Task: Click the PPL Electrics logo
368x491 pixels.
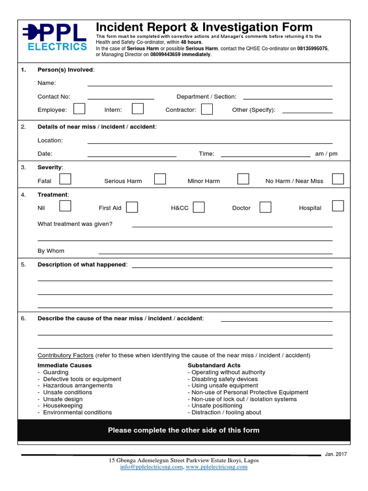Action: coord(54,37)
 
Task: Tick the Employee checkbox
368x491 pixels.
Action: coord(80,109)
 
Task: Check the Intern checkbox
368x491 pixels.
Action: coord(138,109)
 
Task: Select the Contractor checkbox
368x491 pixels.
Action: coord(207,109)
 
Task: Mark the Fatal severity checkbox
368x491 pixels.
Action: coord(65,179)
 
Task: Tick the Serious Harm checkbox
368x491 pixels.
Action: coord(160,179)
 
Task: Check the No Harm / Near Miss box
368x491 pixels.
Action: coord(338,179)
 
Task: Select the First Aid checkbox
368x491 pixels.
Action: coord(132,207)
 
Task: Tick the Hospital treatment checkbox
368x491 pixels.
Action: coord(338,206)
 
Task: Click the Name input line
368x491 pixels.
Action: coord(210,83)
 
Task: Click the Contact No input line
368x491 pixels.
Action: coord(121,97)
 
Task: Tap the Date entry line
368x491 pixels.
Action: coord(132,154)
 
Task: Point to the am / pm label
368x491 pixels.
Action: coord(326,154)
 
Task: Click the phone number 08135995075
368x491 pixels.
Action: coord(312,49)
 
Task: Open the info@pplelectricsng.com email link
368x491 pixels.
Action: coord(151,467)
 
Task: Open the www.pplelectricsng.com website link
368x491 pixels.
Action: coord(217,467)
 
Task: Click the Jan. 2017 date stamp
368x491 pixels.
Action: coord(336,454)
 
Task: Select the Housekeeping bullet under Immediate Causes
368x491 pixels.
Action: coord(62,406)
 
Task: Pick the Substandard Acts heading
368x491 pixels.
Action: coord(214,365)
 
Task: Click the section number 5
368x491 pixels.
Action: coord(23,265)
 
